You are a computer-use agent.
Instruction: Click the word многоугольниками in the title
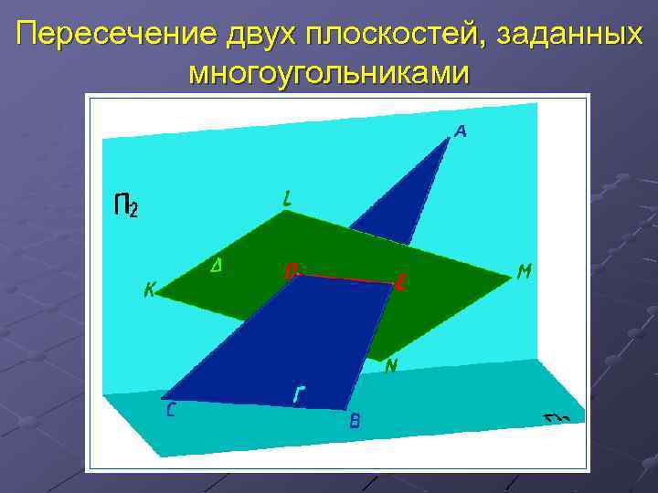[x=329, y=73]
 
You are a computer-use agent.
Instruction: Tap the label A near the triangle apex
[x=461, y=132]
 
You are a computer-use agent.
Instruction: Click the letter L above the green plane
[x=288, y=197]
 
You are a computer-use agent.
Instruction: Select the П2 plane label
[x=126, y=205]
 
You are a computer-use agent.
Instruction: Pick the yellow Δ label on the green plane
[x=218, y=266]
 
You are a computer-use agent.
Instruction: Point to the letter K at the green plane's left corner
[x=150, y=291]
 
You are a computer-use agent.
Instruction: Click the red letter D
[x=290, y=271]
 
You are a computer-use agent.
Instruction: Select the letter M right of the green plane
[x=525, y=272]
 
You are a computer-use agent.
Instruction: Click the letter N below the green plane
[x=391, y=367]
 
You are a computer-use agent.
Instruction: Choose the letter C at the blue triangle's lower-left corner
[x=171, y=410]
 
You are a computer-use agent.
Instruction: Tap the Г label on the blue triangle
[x=299, y=395]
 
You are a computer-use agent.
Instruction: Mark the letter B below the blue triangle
[x=355, y=421]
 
